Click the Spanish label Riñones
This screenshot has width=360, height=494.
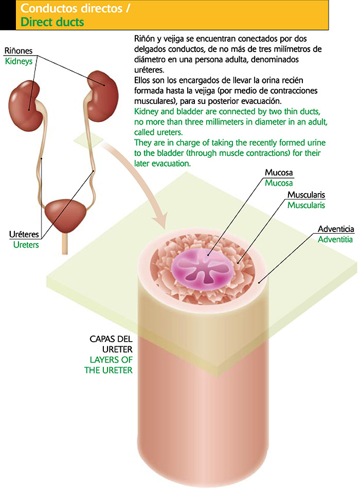(x=19, y=51)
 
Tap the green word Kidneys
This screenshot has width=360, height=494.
(x=19, y=61)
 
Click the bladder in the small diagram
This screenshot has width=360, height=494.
(x=64, y=214)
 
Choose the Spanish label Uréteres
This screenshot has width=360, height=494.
(x=24, y=235)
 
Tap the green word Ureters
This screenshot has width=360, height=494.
(x=26, y=244)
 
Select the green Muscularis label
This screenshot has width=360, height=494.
(x=306, y=205)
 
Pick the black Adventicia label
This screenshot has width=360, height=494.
(x=336, y=228)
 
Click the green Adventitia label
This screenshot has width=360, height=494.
(x=335, y=239)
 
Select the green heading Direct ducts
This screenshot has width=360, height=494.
(x=52, y=23)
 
